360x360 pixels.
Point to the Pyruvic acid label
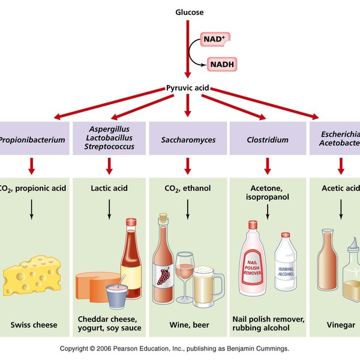pyautogui.click(x=187, y=88)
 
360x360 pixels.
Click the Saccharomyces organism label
pyautogui.click(x=187, y=140)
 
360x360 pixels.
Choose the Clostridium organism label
pyautogui.click(x=267, y=140)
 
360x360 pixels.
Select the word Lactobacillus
pyautogui.click(x=109, y=137)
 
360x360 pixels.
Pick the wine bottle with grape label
pyautogui.click(x=163, y=264)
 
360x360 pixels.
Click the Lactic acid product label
pyautogui.click(x=109, y=188)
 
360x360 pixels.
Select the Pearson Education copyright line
pyautogui.click(x=175, y=348)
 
